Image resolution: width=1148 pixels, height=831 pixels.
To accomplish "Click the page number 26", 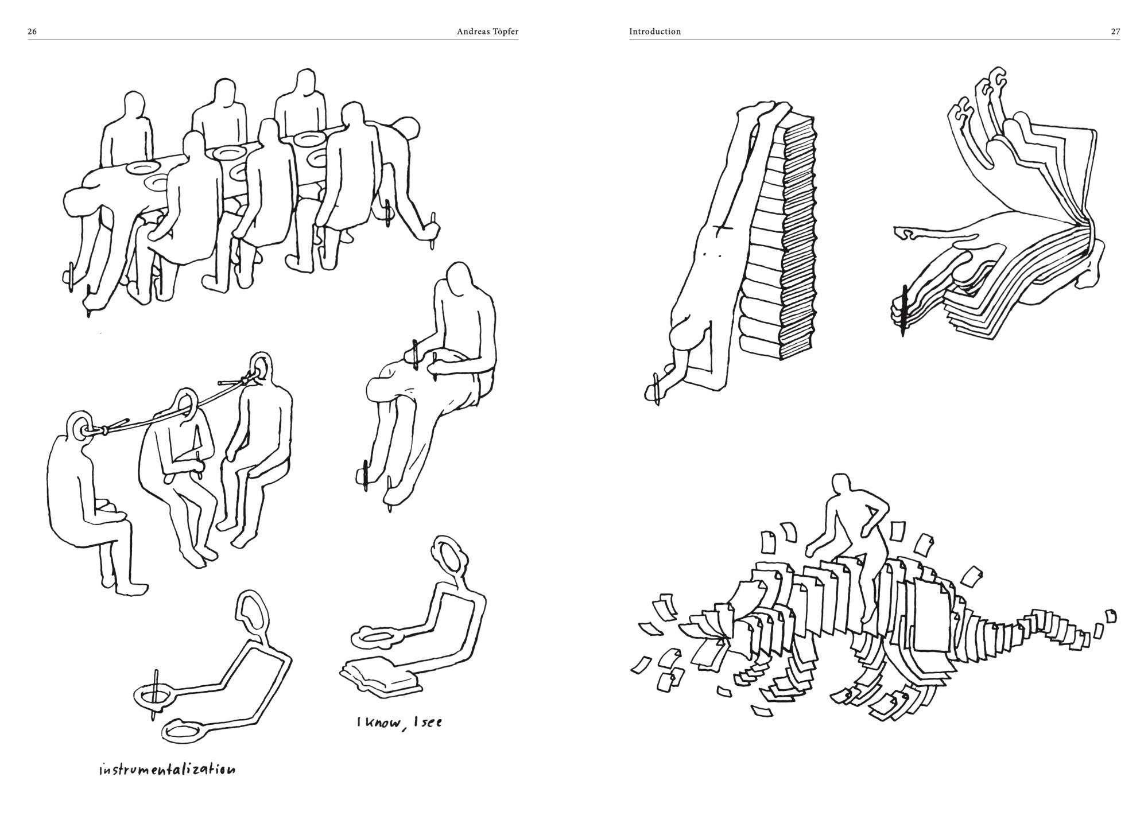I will click(32, 32).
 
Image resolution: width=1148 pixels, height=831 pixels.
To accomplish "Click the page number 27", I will click(1115, 32).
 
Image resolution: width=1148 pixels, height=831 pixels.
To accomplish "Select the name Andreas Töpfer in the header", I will click(487, 32).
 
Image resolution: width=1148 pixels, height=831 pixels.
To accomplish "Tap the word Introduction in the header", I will click(655, 32).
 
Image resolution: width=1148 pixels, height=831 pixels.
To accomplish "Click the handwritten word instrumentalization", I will click(166, 769).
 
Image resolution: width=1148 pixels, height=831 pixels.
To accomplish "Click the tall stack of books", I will click(778, 241).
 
